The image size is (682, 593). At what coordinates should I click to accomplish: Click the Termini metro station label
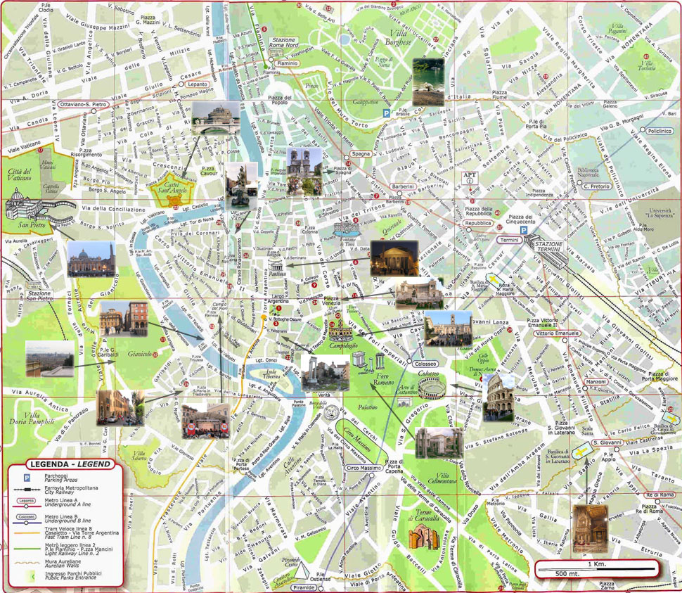point(508,240)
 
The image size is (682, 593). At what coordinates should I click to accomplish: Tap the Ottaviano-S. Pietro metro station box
point(79,104)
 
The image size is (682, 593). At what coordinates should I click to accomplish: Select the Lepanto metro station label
point(178,84)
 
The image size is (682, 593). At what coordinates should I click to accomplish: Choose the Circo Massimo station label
point(363,468)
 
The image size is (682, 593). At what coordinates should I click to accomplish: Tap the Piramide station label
point(304,586)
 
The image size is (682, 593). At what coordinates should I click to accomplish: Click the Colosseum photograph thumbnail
point(498,397)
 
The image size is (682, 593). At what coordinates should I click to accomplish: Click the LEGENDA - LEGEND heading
point(64,465)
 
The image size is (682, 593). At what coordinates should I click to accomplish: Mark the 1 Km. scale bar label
point(598,565)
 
